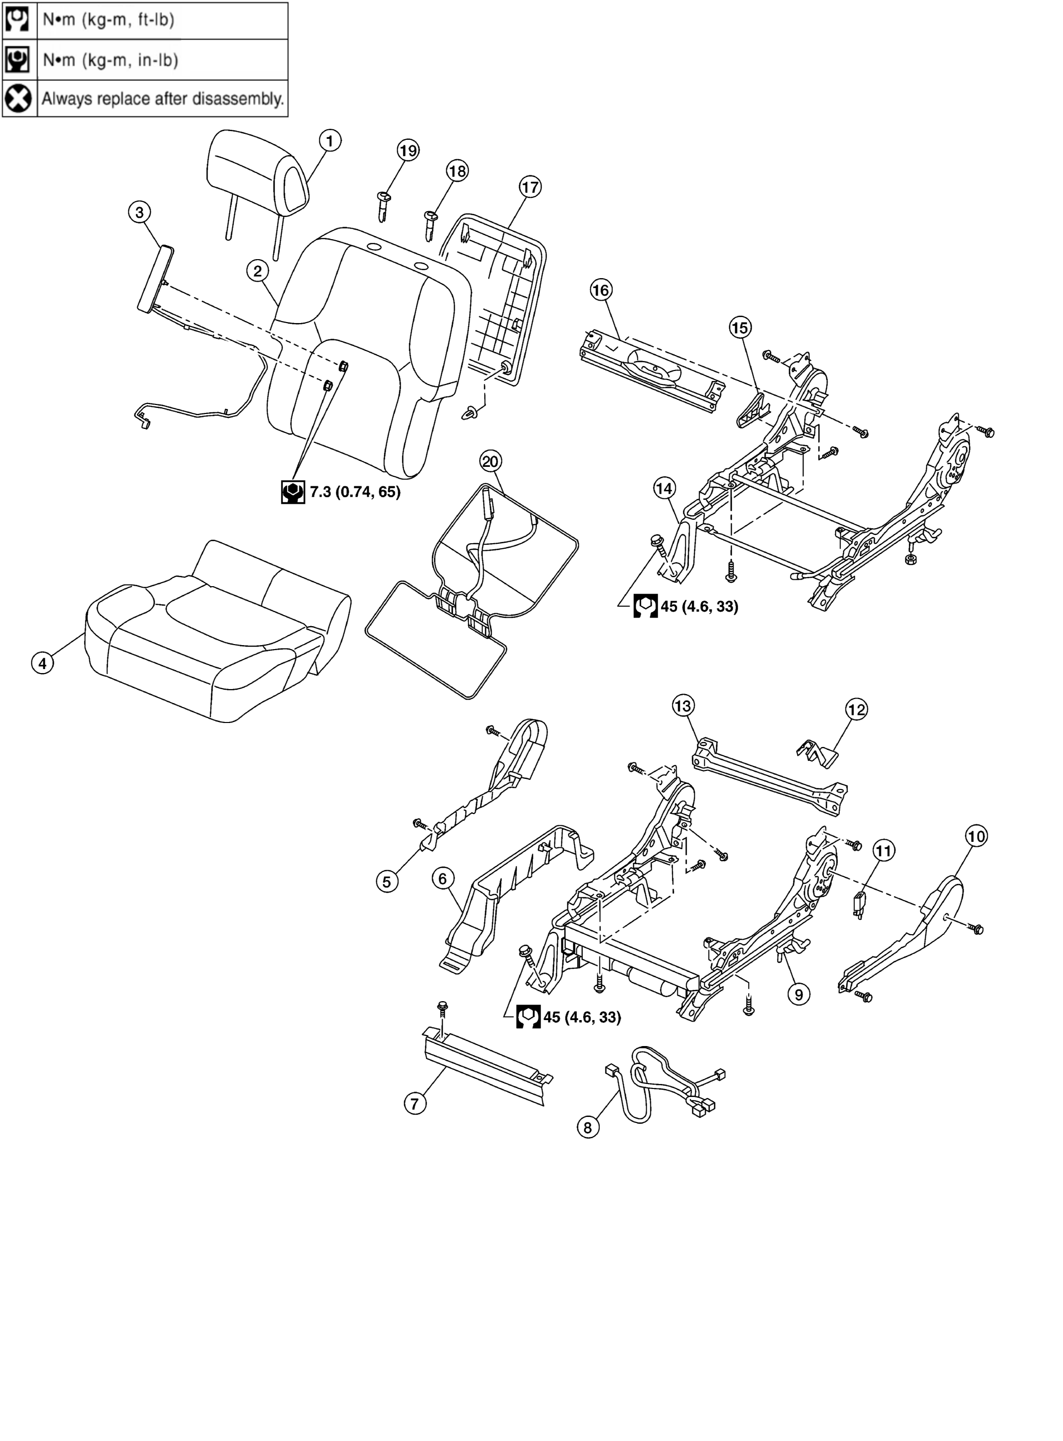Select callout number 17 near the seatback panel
530,187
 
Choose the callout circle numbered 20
490,461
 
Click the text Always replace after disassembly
163,99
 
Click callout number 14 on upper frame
665,488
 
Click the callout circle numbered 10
976,837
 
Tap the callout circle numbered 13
683,706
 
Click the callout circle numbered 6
443,878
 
